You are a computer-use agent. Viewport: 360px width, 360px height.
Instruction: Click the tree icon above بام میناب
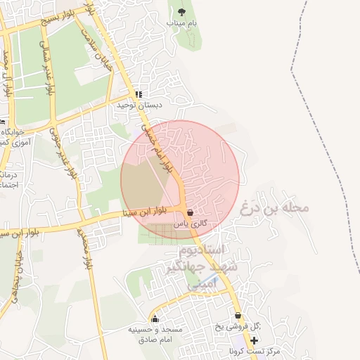[182, 12]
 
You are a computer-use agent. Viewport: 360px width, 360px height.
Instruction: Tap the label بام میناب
[182, 23]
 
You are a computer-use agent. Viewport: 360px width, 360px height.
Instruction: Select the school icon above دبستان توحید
[139, 94]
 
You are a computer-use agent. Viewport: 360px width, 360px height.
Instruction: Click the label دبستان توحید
[140, 105]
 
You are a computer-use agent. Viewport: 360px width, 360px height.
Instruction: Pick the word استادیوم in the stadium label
[202, 250]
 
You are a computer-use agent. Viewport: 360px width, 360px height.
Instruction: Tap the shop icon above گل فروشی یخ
[238, 316]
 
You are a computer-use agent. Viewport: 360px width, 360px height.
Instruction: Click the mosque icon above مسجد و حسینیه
[155, 319]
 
